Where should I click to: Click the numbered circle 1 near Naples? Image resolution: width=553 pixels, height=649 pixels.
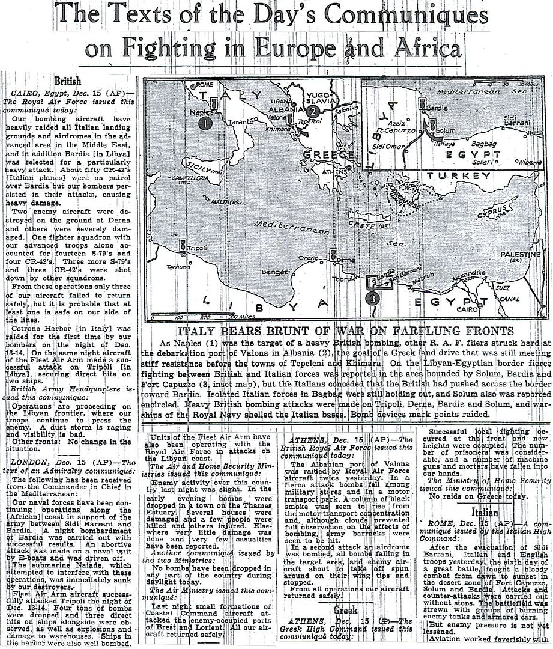(205, 123)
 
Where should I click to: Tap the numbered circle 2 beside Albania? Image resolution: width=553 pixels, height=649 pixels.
(313, 111)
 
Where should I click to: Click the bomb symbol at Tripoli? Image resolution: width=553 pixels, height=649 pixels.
(182, 245)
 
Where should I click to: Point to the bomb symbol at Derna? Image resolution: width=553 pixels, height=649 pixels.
(332, 255)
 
